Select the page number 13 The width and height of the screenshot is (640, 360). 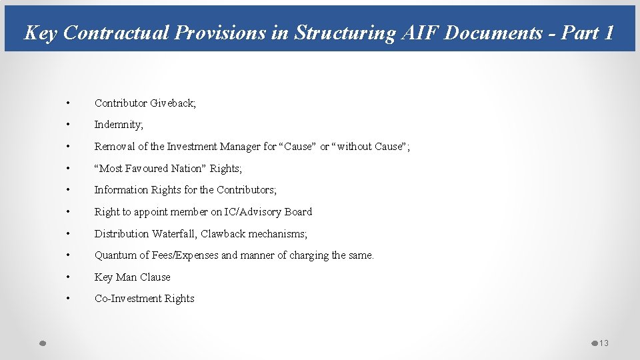pos(604,343)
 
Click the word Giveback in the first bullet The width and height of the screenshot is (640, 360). pos(172,103)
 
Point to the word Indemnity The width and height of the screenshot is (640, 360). pos(118,125)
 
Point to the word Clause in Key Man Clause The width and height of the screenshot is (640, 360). pos(155,277)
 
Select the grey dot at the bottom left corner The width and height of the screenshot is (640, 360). pos(41,343)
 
